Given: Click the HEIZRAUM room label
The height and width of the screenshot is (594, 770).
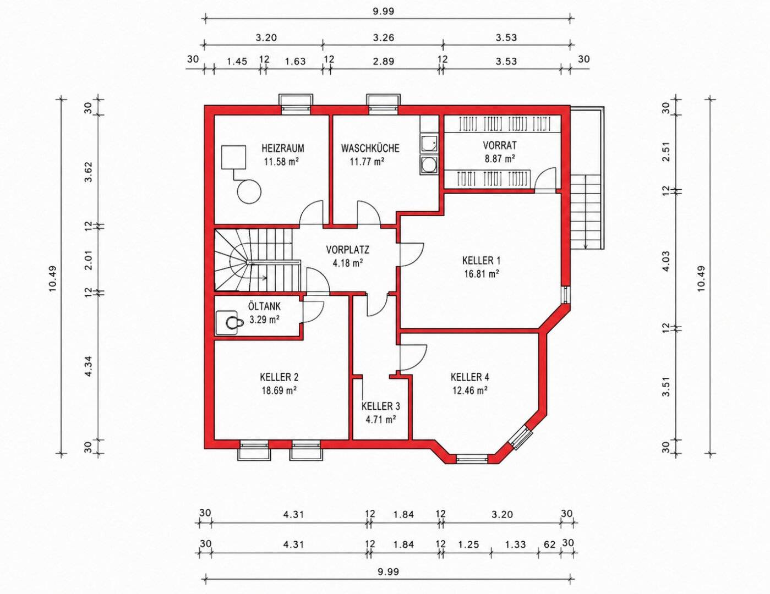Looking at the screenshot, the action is pos(283,148).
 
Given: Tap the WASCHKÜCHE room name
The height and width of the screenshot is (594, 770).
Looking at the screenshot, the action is pos(370,148).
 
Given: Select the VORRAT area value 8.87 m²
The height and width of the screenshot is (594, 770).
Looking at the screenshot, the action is pos(500,158).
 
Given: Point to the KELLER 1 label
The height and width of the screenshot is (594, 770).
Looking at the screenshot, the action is pos(481,261).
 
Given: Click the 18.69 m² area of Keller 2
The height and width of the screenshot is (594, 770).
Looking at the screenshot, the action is pos(279,391).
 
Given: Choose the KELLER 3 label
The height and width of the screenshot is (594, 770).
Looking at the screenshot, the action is pos(380,406).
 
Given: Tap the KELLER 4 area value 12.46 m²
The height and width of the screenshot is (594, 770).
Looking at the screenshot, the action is pos(470,391).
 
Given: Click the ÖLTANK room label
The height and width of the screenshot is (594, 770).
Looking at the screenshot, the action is pos(264,306).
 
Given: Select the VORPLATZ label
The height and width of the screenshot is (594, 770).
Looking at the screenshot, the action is pos(348,250).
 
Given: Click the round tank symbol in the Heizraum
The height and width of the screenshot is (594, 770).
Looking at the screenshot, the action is pos(249,191).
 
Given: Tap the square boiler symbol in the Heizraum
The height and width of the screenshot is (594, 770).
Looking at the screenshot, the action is pos(233,157).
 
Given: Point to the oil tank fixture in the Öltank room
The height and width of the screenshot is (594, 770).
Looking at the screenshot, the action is pos(227,322).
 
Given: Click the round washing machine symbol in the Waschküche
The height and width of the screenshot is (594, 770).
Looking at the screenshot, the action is pos(428,164).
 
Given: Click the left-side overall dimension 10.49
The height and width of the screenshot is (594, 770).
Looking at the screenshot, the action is pos(53,278).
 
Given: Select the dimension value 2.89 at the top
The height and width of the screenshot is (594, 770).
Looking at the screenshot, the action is pos(384,61).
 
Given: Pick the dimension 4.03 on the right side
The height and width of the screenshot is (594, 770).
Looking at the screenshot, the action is pos(667,261).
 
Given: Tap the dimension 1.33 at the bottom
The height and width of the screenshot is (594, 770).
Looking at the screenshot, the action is pos(515,544).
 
